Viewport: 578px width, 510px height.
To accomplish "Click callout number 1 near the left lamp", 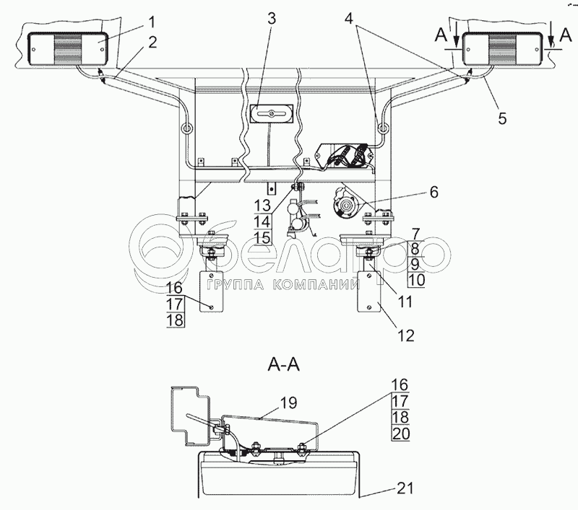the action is point(152,22).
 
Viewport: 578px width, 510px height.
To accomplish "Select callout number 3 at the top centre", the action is point(272,19).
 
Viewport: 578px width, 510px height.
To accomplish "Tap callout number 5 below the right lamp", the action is point(502,118).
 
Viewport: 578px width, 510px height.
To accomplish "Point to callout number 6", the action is point(434,192).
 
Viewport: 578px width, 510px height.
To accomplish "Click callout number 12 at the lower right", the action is point(406,335).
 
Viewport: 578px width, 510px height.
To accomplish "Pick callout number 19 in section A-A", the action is point(288,403).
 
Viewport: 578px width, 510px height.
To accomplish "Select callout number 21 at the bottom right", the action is point(405,488).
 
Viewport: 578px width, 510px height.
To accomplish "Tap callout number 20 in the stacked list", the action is point(401,434).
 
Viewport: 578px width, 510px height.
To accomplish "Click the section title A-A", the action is point(283,366).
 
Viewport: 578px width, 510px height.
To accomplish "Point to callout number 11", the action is point(405,302).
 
